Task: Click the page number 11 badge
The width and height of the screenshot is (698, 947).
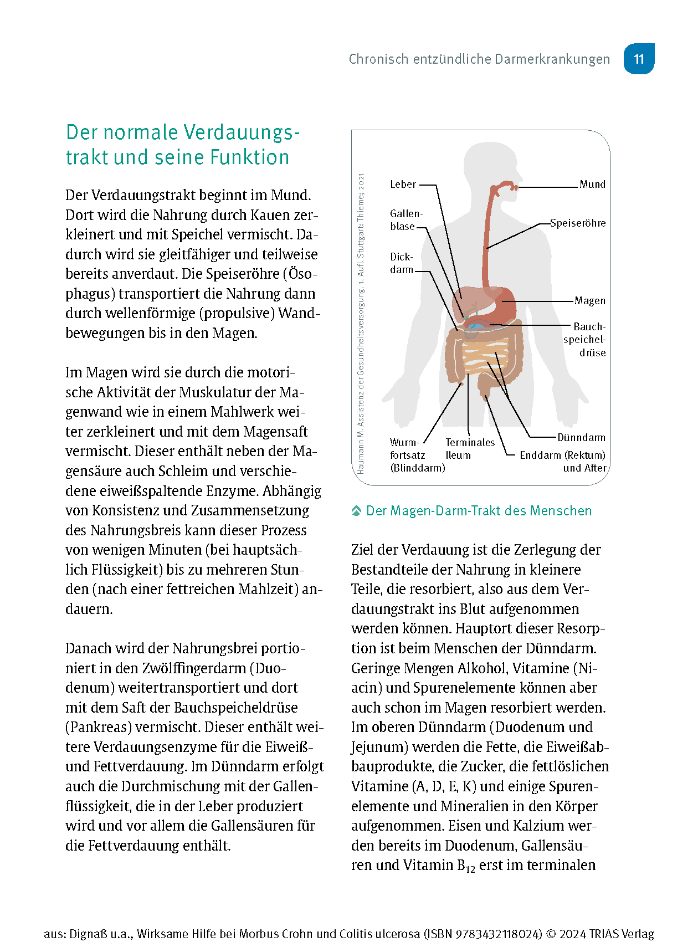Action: (x=639, y=59)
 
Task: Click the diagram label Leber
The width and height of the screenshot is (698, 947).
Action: (x=403, y=184)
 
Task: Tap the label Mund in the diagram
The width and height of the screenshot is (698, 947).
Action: (x=592, y=184)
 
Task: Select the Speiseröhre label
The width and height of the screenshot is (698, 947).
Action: (x=578, y=223)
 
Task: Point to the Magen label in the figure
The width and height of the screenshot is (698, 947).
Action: (x=589, y=300)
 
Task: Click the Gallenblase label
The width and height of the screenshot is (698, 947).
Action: (x=406, y=220)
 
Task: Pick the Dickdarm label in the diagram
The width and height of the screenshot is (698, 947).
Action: (x=402, y=263)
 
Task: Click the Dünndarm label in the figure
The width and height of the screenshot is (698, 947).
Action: (x=581, y=437)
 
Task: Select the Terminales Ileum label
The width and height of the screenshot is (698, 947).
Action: (x=469, y=448)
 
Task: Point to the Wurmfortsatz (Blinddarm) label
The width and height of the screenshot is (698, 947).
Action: (x=417, y=455)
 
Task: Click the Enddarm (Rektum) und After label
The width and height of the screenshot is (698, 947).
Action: (x=563, y=461)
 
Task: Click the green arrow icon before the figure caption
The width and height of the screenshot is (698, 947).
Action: (x=356, y=511)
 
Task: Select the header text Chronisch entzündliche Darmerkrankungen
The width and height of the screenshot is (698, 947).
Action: (x=479, y=59)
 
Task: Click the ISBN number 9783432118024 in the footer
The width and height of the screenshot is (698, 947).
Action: (x=498, y=934)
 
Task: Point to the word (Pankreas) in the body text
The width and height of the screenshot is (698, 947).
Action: (x=98, y=727)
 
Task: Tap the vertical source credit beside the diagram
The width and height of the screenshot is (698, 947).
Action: (x=361, y=324)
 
